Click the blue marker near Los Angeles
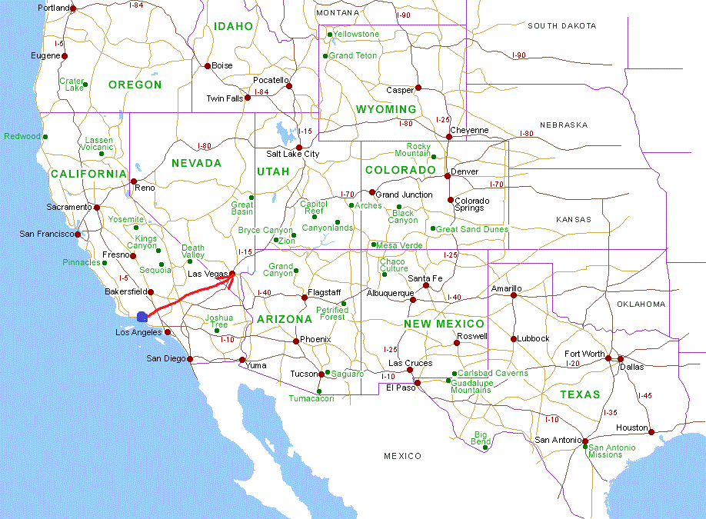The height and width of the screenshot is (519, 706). pyautogui.click(x=142, y=316)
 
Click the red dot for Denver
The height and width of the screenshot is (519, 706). pyautogui.click(x=448, y=175)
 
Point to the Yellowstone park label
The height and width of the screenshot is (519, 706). pyautogui.click(x=356, y=35)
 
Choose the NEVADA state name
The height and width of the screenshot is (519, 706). pyautogui.click(x=196, y=163)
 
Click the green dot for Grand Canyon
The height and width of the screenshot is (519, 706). pyautogui.click(x=296, y=270)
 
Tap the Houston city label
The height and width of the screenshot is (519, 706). pyautogui.click(x=632, y=428)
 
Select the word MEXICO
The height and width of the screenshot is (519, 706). pyautogui.click(x=403, y=456)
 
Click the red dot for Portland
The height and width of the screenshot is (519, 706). pyautogui.click(x=73, y=8)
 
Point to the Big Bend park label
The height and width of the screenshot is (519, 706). pyautogui.click(x=481, y=438)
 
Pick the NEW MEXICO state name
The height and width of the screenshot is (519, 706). pyautogui.click(x=444, y=324)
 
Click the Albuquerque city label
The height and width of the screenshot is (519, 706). pyautogui.click(x=390, y=294)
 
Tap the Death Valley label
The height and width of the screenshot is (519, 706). pyautogui.click(x=193, y=251)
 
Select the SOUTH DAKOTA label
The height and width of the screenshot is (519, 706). pyautogui.click(x=562, y=26)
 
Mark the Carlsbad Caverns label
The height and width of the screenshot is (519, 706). pyautogui.click(x=493, y=373)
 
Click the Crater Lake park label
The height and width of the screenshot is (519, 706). pyautogui.click(x=72, y=85)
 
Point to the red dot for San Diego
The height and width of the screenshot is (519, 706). pyautogui.click(x=190, y=359)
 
